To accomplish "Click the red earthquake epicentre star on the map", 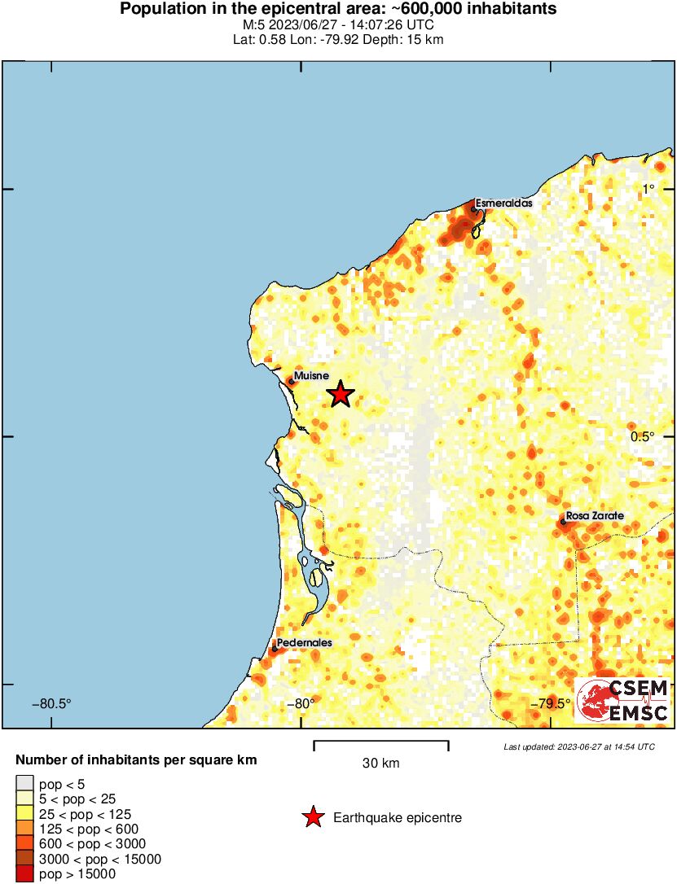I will tap(340, 395).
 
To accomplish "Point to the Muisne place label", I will tap(311, 376).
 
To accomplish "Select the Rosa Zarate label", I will tap(595, 516).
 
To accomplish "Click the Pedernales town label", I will tap(304, 642).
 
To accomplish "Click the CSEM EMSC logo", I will tap(622, 701).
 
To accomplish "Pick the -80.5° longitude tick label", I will tap(51, 703).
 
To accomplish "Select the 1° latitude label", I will tap(648, 189).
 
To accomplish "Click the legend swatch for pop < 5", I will tap(24, 783).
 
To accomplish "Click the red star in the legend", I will tap(313, 818).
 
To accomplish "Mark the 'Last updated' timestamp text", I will tap(578, 746).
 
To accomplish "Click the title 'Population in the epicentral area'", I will tap(338, 9).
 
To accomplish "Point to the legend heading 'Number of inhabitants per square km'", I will tap(137, 760).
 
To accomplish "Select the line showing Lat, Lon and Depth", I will tap(338, 39).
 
